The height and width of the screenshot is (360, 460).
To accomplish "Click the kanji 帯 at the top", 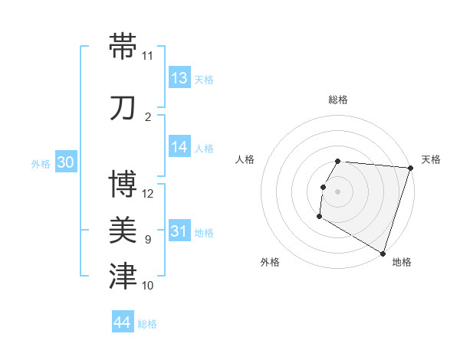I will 123,47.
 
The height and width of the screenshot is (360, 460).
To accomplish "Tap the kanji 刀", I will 123,108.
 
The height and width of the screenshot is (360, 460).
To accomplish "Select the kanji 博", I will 123,185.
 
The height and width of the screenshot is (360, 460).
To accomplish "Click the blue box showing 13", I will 179,78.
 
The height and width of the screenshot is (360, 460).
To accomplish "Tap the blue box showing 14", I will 179,148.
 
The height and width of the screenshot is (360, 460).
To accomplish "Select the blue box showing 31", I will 179,232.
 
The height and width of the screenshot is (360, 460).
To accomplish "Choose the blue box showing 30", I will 65,163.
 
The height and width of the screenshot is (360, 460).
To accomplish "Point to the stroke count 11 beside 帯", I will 148,56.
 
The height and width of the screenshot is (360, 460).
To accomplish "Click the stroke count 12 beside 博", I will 148,194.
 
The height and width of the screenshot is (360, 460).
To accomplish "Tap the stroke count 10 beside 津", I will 148,286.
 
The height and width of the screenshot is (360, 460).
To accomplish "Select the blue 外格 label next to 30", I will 41,164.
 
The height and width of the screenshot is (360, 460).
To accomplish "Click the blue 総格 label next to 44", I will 147,324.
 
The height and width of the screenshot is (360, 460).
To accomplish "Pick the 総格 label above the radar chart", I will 338,100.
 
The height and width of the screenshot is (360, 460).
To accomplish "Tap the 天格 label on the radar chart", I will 431,159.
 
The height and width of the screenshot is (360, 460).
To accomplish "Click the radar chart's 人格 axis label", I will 245,159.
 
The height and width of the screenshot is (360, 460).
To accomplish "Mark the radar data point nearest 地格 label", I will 383,253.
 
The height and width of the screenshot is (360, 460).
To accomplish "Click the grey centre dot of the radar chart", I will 337,191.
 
